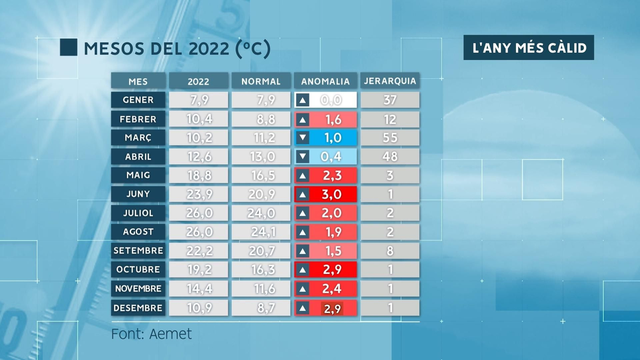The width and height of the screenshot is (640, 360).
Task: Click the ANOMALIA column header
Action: [x=325, y=81]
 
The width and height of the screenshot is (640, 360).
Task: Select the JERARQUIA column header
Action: [x=390, y=81]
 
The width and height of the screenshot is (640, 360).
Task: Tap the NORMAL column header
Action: [x=261, y=81]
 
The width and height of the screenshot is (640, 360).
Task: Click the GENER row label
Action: [x=138, y=100]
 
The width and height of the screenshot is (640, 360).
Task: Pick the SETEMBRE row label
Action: [x=138, y=251]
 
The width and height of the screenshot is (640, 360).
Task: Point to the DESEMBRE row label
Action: [x=138, y=308]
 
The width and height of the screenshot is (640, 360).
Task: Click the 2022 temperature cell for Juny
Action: [x=199, y=194]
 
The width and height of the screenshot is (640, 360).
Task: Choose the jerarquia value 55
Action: [x=390, y=138]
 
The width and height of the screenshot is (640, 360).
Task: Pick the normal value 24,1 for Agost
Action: [x=261, y=232]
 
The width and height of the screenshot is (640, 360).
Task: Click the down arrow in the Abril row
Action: [x=303, y=156]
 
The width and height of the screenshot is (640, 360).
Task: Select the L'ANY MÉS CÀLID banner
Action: [x=528, y=48]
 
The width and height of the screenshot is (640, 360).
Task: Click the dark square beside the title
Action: [x=68, y=47]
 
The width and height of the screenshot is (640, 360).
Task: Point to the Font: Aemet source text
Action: [x=151, y=334]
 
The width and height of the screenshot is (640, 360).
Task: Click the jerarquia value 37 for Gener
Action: [x=390, y=100]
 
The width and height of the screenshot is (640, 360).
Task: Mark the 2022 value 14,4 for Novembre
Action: [x=199, y=289]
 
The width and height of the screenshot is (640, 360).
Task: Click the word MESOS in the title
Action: [x=114, y=49]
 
